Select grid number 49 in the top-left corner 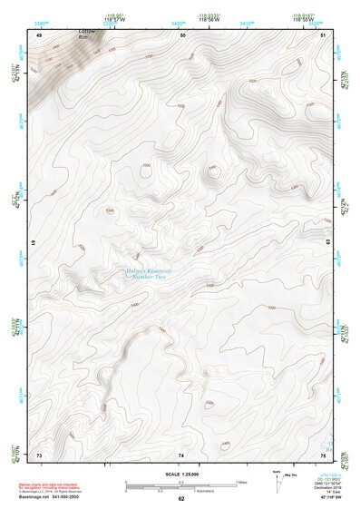pos(39,34)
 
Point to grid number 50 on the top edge pos(182,34)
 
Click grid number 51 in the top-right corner pos(324,34)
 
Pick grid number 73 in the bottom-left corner pos(39,454)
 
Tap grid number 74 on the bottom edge pos(181,454)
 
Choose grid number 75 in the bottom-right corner pos(323,454)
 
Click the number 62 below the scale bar pos(181,498)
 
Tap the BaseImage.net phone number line pos(54,497)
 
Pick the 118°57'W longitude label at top pos(113,18)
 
